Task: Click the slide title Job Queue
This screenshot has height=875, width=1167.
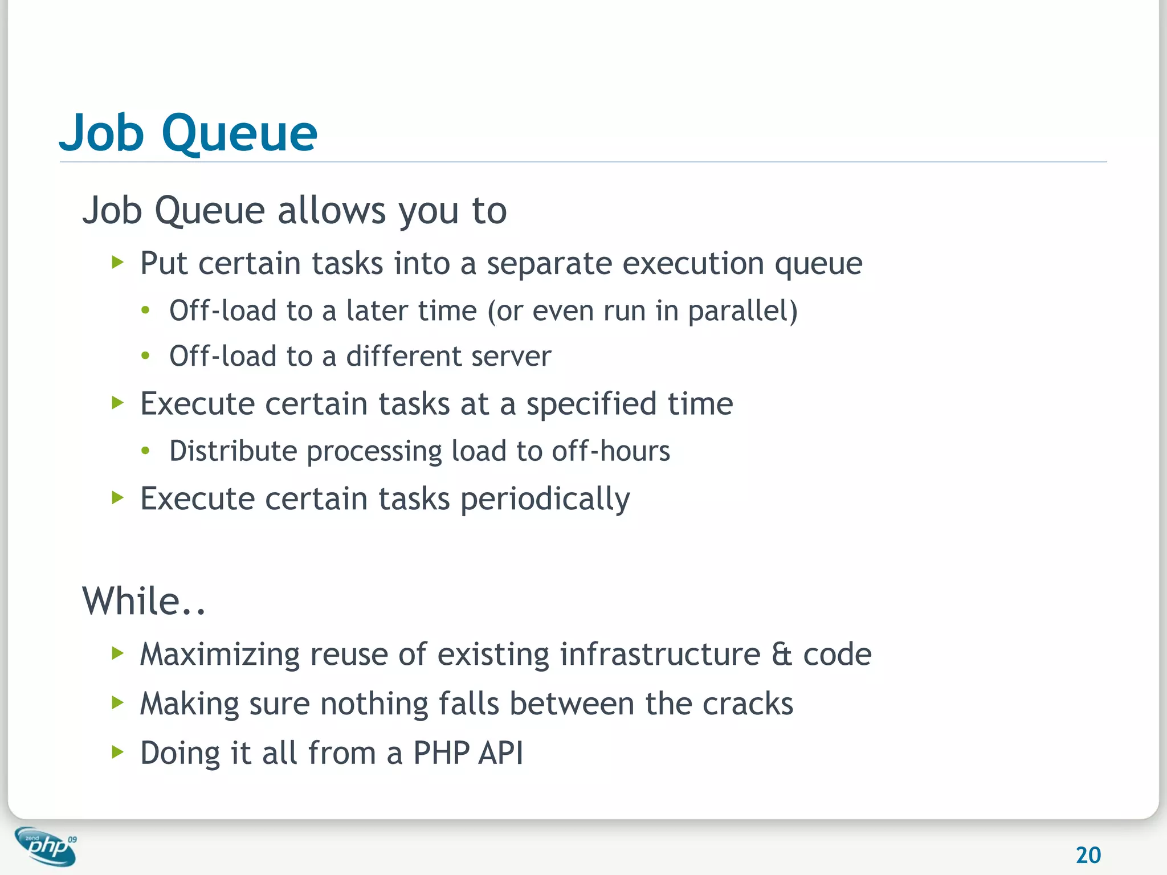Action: point(188,133)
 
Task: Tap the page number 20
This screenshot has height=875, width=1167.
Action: point(1088,855)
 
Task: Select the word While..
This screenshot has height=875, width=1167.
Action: point(132,602)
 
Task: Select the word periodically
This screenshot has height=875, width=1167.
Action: point(545,500)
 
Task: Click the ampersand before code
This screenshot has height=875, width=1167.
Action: point(782,655)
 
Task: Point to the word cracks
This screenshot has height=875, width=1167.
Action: point(748,704)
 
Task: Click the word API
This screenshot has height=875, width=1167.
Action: point(500,753)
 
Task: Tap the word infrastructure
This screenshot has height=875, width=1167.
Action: point(660,655)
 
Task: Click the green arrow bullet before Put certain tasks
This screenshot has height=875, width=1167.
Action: point(118,263)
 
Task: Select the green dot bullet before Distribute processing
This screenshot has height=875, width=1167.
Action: point(146,451)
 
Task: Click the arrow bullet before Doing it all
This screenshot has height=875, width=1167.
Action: point(118,752)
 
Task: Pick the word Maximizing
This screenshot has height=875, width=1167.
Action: point(219,655)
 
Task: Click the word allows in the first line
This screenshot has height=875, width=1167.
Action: point(331,211)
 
